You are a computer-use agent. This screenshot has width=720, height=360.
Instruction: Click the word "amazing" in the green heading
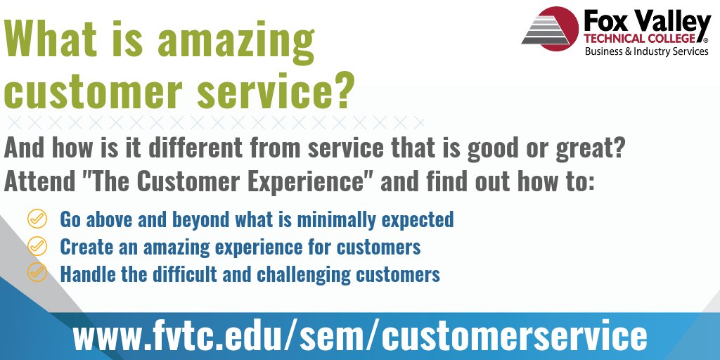[x=236, y=41]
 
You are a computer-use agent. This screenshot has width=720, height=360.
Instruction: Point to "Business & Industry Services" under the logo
[x=647, y=51]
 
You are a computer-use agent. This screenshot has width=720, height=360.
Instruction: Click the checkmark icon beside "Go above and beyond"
[x=37, y=219]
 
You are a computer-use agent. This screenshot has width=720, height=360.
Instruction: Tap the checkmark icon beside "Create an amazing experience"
[x=37, y=246]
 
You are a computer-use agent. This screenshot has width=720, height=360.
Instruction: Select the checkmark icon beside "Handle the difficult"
[x=37, y=273]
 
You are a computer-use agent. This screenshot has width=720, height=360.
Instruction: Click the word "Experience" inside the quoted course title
[x=307, y=181]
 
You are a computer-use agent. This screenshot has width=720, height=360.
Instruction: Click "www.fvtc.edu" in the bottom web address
[x=182, y=336]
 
